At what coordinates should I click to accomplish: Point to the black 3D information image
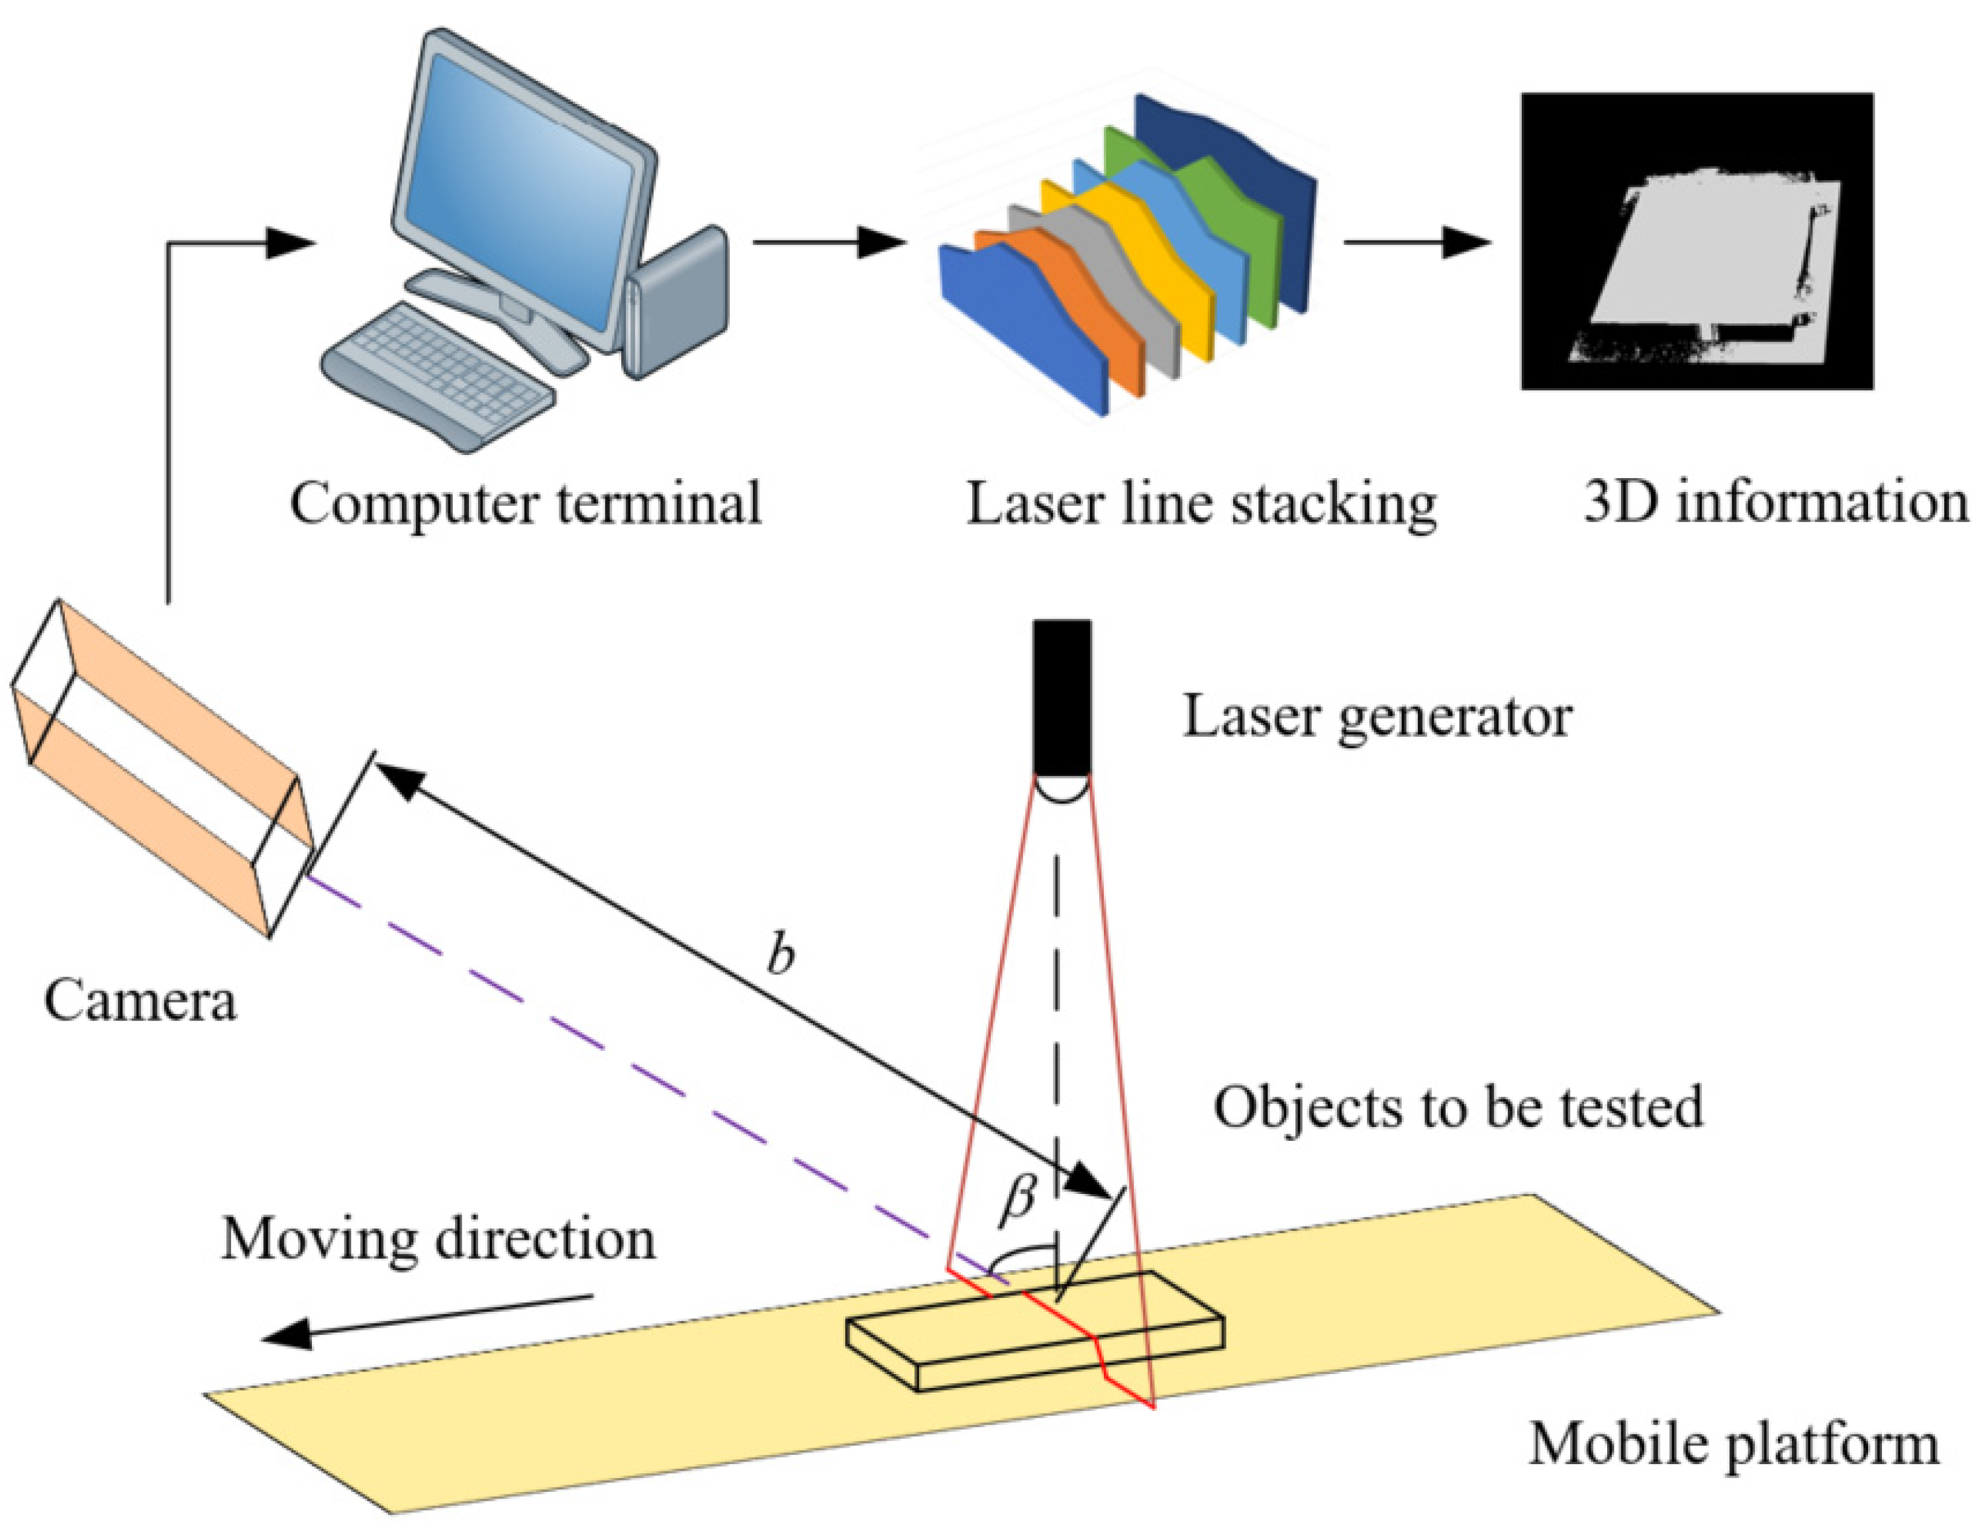point(1696,241)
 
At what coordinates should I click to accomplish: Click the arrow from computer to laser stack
point(830,242)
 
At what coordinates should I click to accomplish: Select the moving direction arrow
point(426,1319)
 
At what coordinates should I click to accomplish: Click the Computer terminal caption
point(525,503)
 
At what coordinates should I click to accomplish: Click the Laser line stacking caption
point(1201,503)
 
